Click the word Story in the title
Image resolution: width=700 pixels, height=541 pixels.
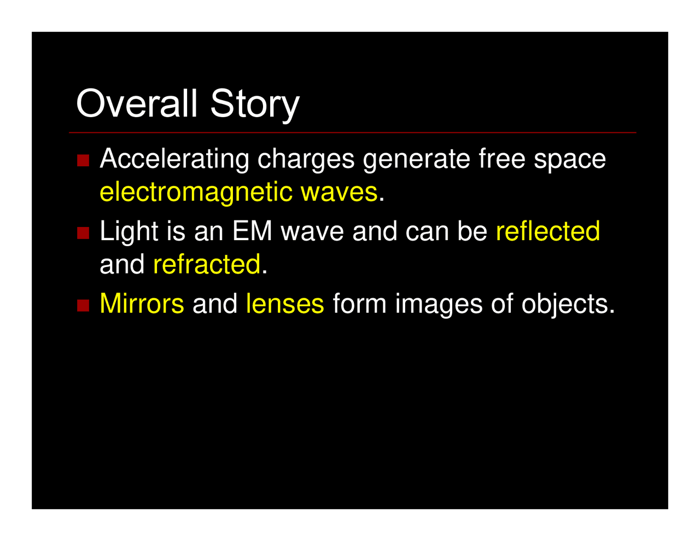pos(255,104)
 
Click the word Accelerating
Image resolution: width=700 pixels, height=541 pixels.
pos(175,160)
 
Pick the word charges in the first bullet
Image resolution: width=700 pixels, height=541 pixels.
pos(306,160)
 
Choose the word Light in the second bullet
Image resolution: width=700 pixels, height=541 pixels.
pos(129,231)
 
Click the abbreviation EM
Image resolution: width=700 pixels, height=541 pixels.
pos(252,231)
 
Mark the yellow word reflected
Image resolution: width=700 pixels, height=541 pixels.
pos(547,231)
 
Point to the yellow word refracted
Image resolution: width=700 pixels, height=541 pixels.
pos(206,264)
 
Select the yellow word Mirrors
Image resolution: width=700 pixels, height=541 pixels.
pos(142,304)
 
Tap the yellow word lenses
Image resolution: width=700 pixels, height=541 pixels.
pos(285,304)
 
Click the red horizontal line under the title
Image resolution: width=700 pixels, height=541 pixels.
pos(352,133)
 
